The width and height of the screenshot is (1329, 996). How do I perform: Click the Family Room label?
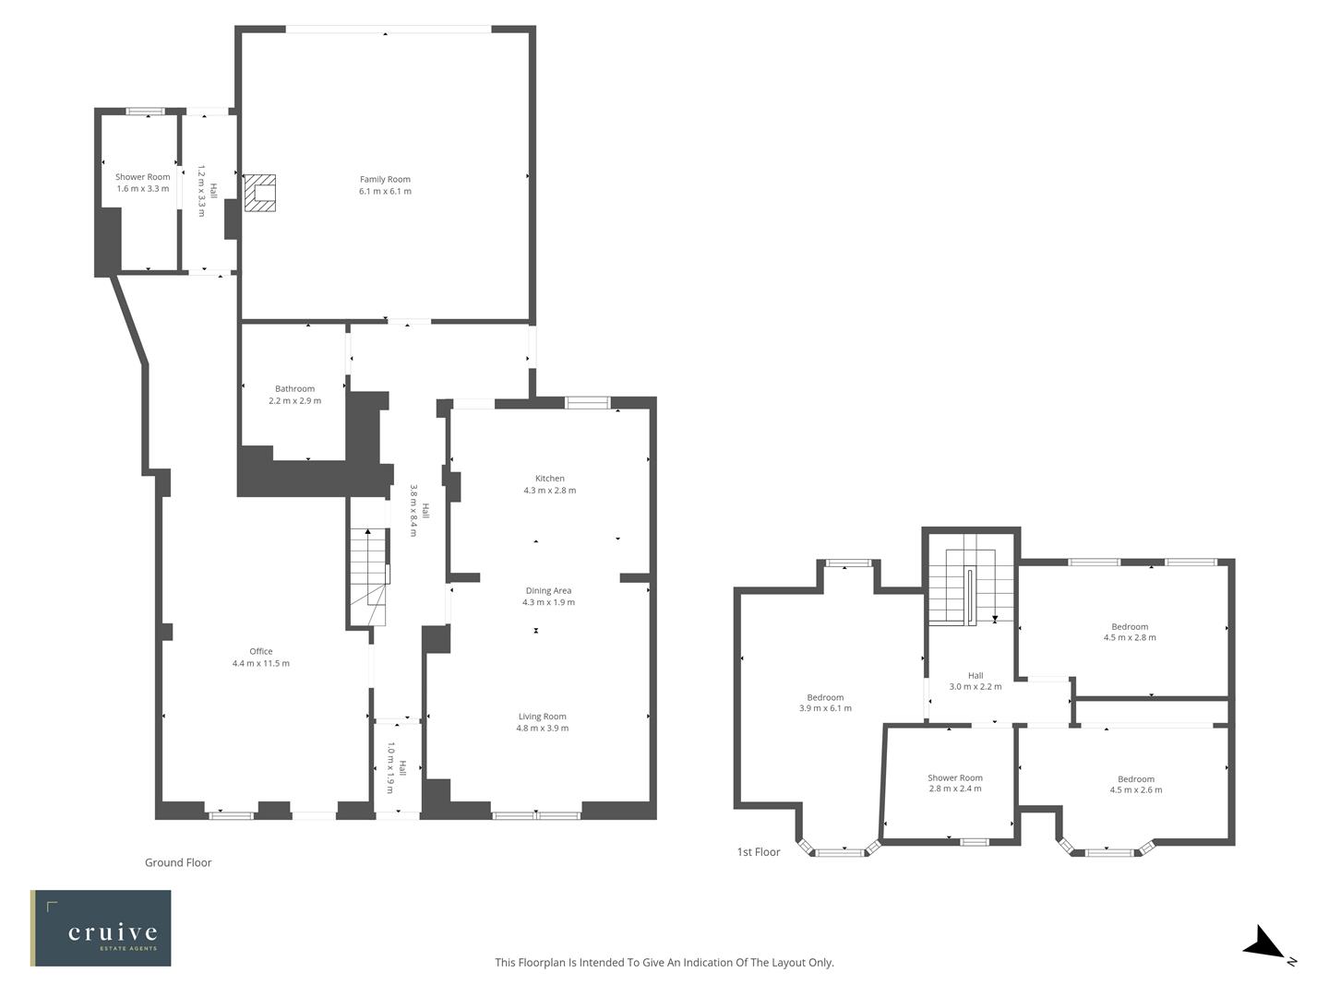click(385, 185)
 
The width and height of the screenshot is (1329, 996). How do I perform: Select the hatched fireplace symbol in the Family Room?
click(259, 193)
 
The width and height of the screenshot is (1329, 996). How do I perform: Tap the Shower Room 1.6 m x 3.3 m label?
click(142, 183)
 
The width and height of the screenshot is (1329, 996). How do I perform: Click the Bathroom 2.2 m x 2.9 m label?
click(294, 395)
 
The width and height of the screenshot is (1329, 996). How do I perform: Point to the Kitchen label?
click(549, 484)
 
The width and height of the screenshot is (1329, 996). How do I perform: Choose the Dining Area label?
click(548, 596)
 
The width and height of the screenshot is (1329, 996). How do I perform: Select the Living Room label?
click(542, 722)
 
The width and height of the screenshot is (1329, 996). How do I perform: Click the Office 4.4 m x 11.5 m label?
click(260, 658)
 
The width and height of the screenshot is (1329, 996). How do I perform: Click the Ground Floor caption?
click(178, 862)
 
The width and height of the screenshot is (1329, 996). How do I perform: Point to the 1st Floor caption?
click(759, 852)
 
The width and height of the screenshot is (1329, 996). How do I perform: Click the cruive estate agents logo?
click(101, 928)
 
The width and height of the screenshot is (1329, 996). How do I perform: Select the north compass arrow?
click(1266, 946)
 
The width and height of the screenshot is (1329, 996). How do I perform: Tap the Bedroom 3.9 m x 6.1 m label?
click(825, 703)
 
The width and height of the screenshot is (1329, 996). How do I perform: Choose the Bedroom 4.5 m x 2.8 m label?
click(1130, 632)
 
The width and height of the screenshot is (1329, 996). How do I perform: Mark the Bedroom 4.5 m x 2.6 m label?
click(1135, 784)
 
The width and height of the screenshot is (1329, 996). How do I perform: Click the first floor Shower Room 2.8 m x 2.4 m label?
click(954, 783)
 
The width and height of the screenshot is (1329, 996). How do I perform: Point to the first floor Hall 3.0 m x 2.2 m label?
click(976, 681)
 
